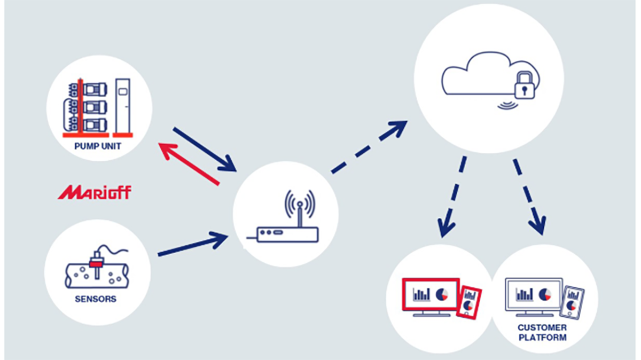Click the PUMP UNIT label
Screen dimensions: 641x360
98,146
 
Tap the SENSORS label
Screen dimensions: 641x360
96,299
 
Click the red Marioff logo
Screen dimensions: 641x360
95,192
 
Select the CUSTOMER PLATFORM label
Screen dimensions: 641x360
543,333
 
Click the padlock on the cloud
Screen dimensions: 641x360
525,85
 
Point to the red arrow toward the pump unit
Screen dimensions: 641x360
189,164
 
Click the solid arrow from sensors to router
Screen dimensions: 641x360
193,244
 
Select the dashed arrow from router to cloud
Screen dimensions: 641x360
370,147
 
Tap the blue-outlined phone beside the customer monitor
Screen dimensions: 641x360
572,302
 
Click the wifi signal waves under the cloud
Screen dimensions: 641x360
508,105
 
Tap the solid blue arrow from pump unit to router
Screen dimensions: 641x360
205,150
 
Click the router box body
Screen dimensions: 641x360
287,234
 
